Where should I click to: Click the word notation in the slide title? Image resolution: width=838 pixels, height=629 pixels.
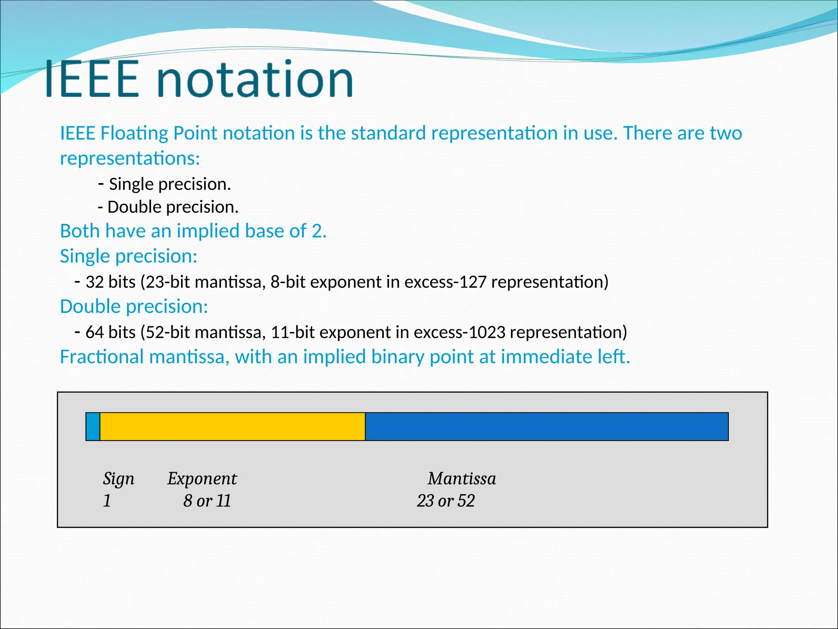coord(255,79)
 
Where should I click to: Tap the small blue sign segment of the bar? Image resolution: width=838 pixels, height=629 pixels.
coord(93,426)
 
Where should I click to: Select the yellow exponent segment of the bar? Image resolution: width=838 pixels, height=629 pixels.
coord(232,426)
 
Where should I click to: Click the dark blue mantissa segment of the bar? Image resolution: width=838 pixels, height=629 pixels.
coord(546,426)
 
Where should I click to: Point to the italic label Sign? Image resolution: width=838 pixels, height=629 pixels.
coord(118,478)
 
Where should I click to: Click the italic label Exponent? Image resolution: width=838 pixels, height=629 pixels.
coord(202,478)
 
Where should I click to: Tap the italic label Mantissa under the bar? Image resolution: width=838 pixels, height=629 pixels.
coord(462,478)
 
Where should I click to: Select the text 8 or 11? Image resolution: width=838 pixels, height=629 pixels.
coord(207,500)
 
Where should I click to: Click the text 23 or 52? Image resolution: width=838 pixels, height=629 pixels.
coord(446,500)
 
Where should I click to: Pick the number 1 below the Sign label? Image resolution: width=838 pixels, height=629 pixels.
coord(107,500)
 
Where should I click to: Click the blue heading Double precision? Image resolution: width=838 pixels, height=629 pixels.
coord(134,306)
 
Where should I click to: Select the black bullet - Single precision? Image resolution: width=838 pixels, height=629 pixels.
coord(165,184)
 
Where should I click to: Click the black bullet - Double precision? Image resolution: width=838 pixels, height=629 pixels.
coord(168,207)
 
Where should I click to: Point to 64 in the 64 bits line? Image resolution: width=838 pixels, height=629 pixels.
coord(95,332)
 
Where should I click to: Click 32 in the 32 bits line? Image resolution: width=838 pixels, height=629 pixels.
coord(95,282)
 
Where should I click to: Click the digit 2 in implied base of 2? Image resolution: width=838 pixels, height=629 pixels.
coord(317,231)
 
